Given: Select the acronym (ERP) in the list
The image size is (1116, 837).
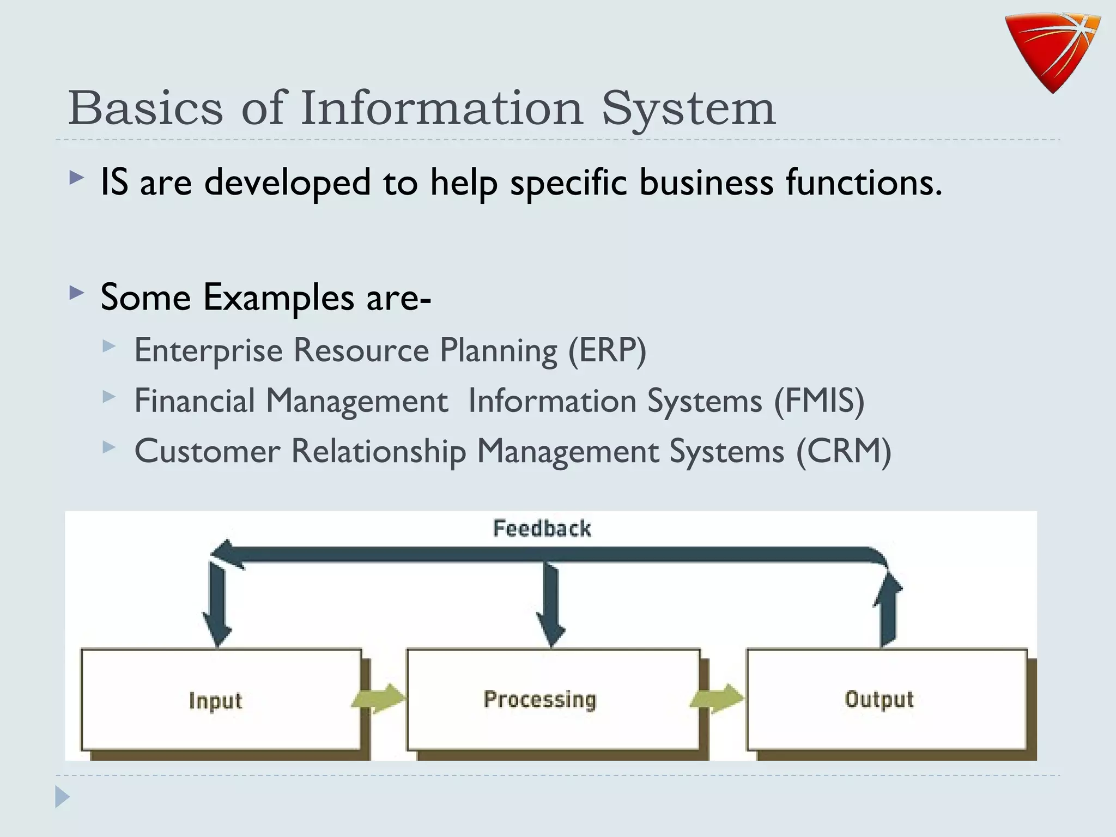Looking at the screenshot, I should pos(607,350).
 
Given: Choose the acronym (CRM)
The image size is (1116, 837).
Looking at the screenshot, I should pos(844,451).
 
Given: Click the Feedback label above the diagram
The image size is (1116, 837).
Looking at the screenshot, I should pos(542,529).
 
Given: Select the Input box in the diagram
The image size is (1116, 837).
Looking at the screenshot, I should pos(221,700).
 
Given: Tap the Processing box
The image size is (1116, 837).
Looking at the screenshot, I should pos(553,700).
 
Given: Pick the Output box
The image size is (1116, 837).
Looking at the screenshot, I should pos(886,700).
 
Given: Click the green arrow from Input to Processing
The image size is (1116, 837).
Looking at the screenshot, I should pos(379,699).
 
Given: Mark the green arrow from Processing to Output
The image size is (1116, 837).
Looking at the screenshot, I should pos(717,699).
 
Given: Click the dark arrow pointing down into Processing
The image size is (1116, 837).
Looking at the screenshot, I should pos(551,605).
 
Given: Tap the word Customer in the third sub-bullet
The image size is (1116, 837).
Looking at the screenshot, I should pos(207,451).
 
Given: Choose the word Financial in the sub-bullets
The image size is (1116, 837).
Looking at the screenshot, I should pos(195,401).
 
